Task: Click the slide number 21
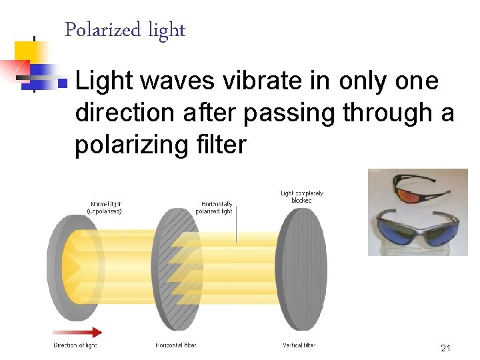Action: point(446,348)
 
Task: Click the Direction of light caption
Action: point(75,345)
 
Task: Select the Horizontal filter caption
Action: point(176,345)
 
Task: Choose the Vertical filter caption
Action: point(299,345)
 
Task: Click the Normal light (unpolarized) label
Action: point(105,207)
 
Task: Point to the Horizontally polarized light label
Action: point(214,207)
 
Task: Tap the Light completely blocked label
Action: point(302,197)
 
